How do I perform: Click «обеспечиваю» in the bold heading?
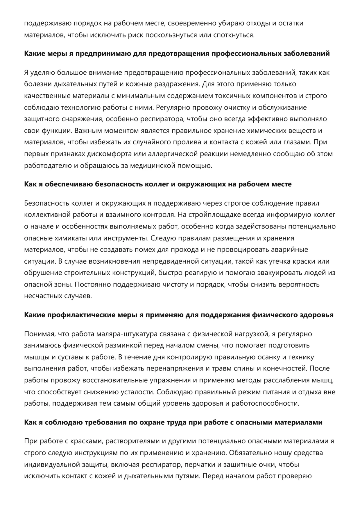point(67,184)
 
